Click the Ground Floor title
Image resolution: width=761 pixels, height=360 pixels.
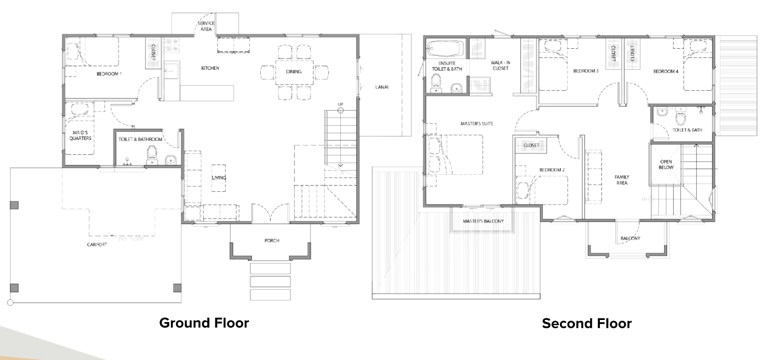[x=204, y=323]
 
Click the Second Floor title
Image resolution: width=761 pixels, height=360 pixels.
[x=587, y=323]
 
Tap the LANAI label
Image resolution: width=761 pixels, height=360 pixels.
[x=382, y=87]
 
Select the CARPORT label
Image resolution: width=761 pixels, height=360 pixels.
[x=97, y=245]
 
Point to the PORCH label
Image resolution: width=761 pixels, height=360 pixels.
[x=272, y=241]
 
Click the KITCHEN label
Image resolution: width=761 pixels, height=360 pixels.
[x=210, y=68]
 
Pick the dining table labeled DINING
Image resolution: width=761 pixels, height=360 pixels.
[x=294, y=72]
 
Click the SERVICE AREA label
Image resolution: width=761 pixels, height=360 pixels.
[x=206, y=26]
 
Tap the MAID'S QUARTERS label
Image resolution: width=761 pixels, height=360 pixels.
[x=80, y=135]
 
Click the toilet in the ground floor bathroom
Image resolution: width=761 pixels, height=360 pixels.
[x=152, y=155]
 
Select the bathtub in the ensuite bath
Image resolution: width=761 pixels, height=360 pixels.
[x=445, y=49]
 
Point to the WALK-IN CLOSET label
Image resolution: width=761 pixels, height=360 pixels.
[x=500, y=66]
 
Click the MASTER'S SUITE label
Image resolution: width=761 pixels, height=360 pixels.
[x=477, y=124]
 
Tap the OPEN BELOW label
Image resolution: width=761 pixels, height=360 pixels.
[x=666, y=165]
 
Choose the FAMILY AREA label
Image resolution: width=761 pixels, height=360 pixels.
[x=622, y=180]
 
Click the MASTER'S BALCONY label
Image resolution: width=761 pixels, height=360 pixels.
[x=483, y=222]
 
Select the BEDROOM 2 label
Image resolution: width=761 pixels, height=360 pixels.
[x=552, y=170]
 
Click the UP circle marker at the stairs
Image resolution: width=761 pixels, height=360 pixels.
[x=340, y=110]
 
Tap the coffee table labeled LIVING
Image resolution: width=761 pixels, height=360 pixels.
[x=219, y=178]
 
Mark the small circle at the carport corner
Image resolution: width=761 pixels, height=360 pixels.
[x=10, y=303]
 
